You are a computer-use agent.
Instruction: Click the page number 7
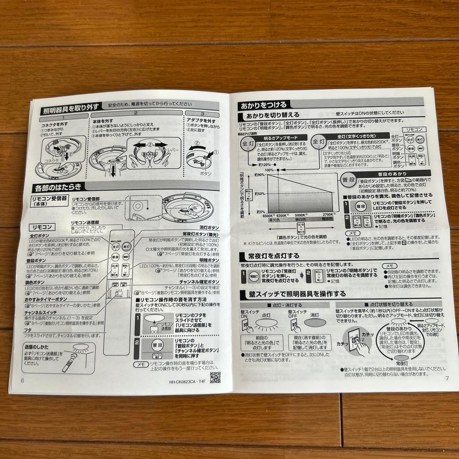pyautogui.click(x=447, y=378)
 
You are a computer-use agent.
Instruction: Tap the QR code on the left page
pyautogui.click(x=215, y=377)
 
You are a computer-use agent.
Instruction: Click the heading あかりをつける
pyautogui.click(x=264, y=105)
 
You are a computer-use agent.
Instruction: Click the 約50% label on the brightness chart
pyautogui.click(x=261, y=194)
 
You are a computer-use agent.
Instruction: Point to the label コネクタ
pyautogui.click(x=54, y=162)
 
